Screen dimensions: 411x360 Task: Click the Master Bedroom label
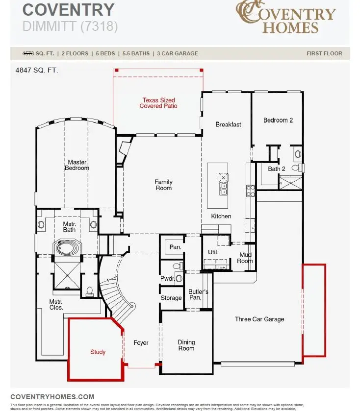77,165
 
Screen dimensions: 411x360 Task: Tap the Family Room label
163,185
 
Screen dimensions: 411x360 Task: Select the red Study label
98,352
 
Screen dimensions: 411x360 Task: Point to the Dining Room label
186,345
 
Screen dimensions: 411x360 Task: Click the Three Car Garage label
259,319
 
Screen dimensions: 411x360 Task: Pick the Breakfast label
228,124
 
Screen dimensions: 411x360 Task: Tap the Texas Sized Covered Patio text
158,103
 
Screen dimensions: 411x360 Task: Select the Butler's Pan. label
198,295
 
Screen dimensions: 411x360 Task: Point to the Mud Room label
245,258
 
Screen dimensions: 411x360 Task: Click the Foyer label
141,343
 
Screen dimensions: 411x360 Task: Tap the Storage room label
171,298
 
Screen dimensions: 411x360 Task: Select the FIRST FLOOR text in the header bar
324,53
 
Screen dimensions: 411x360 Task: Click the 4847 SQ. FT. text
37,71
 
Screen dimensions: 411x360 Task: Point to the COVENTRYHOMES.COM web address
52,397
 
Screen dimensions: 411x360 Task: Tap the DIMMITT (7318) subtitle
70,26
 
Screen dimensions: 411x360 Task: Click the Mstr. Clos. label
56,305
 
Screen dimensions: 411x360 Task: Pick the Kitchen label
221,216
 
